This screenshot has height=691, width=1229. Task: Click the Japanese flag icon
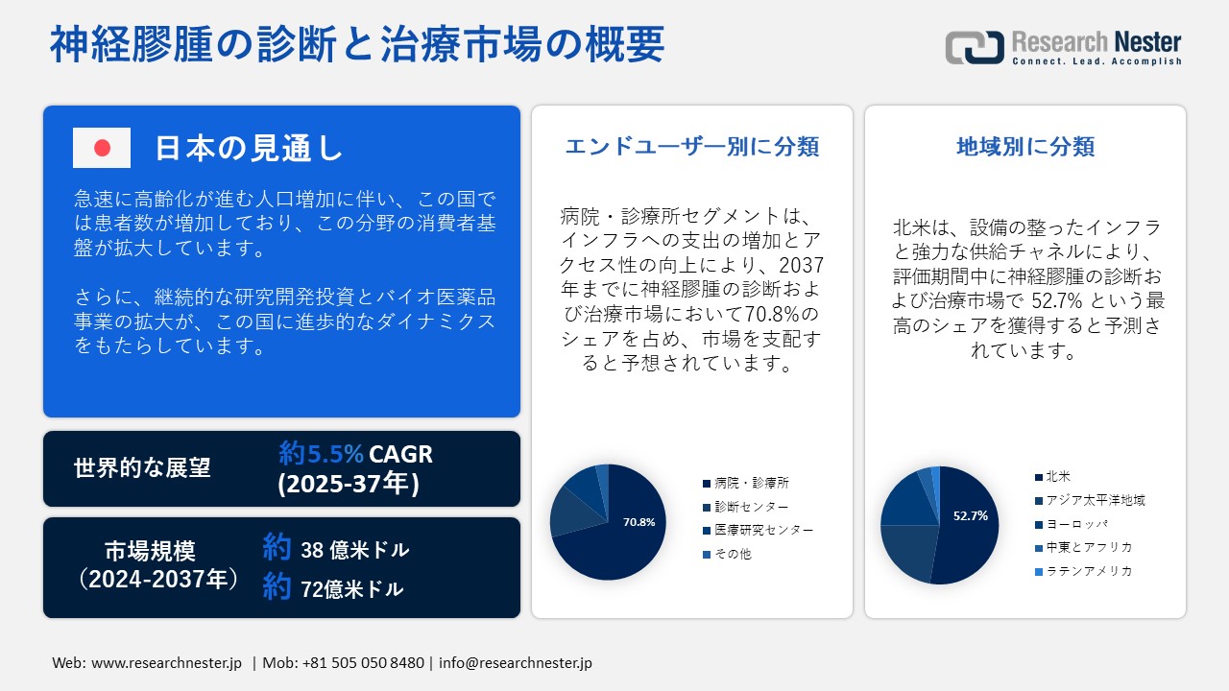102,148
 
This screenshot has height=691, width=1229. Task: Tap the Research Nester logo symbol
975,47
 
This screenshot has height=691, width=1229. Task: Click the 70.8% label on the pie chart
639,522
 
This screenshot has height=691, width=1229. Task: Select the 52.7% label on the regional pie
971,515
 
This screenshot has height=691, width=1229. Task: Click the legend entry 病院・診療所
746,483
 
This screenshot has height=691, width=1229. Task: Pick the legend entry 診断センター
746,506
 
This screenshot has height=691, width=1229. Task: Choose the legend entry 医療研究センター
759,530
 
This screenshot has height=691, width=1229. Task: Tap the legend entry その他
728,554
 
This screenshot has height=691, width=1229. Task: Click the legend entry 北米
1053,476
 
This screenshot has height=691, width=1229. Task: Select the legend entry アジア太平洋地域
1090,500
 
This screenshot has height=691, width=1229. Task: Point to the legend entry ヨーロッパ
1072,524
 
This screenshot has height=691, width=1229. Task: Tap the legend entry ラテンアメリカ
1084,571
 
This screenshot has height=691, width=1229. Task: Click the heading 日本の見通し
249,148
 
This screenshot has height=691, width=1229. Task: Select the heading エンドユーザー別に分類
692,147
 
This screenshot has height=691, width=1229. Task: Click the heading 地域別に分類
1025,147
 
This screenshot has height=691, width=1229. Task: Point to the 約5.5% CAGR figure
355,454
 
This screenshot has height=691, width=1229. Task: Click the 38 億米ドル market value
355,550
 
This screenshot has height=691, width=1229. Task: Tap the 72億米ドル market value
352,589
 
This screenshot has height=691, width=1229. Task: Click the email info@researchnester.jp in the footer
516,662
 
